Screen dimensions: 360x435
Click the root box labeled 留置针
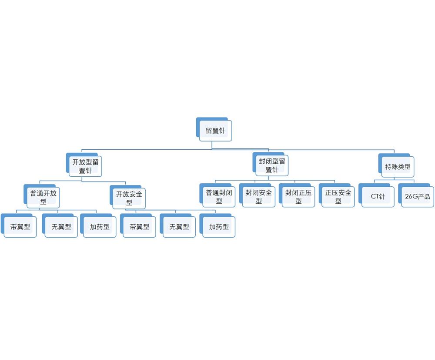click(216, 131)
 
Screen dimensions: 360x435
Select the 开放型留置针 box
click(85, 166)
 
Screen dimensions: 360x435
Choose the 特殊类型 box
click(397, 167)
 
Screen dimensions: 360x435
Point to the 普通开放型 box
click(43, 197)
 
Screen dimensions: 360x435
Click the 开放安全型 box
click(129, 197)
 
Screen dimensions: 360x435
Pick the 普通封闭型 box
click(219, 196)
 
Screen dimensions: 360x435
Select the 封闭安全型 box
click(259, 196)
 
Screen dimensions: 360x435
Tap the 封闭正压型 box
click(298, 196)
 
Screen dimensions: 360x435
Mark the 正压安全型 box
click(338, 196)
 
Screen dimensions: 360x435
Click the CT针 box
click(378, 196)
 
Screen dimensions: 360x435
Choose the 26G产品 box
click(418, 196)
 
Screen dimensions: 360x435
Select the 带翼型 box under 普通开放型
click(20, 227)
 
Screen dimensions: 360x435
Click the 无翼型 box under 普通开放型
click(61, 227)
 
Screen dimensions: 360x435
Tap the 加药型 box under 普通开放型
click(100, 227)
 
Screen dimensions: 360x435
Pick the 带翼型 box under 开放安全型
click(139, 227)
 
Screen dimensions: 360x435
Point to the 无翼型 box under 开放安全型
click(179, 227)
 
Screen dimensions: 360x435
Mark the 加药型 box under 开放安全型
click(219, 227)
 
